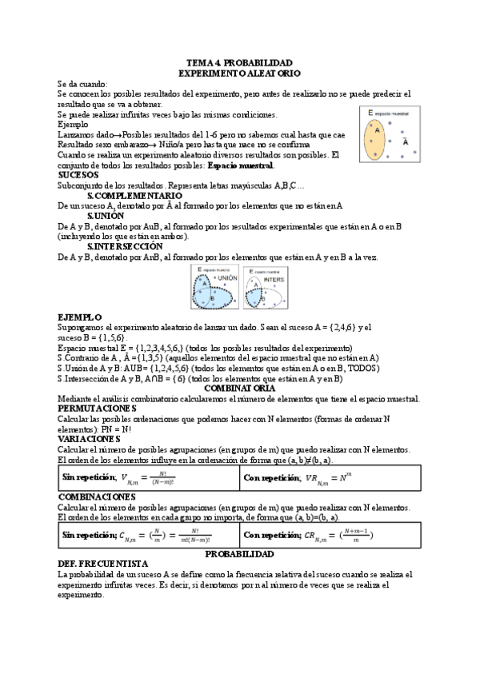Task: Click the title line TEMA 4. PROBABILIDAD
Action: click(x=239, y=62)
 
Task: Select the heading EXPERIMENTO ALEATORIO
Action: click(x=239, y=73)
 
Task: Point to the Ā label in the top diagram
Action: click(x=406, y=142)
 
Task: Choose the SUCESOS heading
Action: click(x=78, y=175)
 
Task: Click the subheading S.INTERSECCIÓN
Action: click(x=129, y=246)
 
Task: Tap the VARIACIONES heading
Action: click(x=89, y=438)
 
